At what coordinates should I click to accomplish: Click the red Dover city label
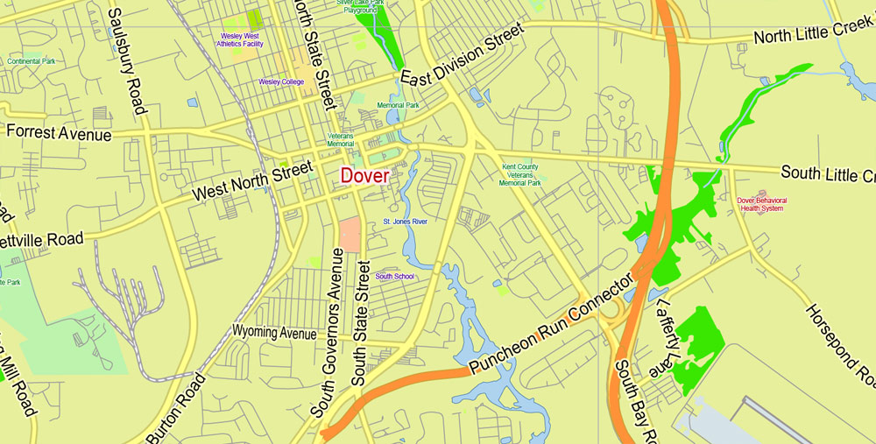pyautogui.click(x=364, y=175)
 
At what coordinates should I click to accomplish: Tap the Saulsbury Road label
pyautogui.click(x=125, y=61)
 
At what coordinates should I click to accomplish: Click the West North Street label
pyautogui.click(x=252, y=180)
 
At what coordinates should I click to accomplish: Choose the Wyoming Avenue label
pyautogui.click(x=273, y=333)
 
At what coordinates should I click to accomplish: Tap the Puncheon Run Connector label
pyautogui.click(x=550, y=326)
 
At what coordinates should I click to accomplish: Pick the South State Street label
pyautogui.click(x=360, y=324)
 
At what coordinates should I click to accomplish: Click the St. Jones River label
pyautogui.click(x=405, y=222)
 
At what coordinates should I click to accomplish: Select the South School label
pyautogui.click(x=394, y=277)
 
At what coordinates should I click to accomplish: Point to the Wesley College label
pyautogui.click(x=281, y=81)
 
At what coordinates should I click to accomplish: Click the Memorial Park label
pyautogui.click(x=398, y=105)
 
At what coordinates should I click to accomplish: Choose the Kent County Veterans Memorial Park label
pyautogui.click(x=520, y=175)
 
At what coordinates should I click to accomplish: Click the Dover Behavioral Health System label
pyautogui.click(x=761, y=204)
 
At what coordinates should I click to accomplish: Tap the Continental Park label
pyautogui.click(x=32, y=61)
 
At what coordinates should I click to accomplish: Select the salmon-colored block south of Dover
pyautogui.click(x=350, y=235)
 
